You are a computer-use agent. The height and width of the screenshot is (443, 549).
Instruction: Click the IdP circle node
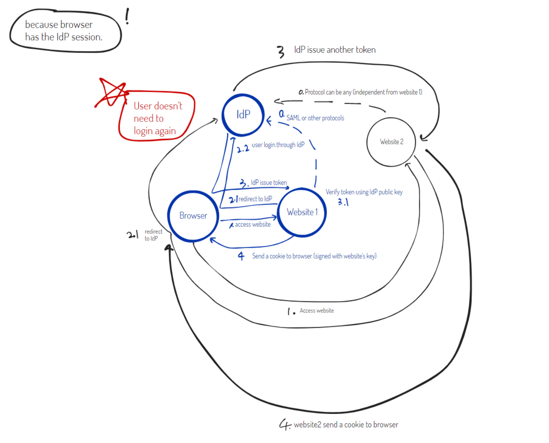[x=243, y=115]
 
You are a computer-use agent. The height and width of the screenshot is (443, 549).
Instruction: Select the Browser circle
[x=193, y=216]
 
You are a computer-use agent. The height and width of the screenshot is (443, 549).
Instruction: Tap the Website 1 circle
[x=302, y=212]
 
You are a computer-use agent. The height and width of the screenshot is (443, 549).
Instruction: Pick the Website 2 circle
[x=391, y=142]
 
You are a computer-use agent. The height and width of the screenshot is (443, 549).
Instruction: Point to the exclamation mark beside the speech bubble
[x=127, y=16]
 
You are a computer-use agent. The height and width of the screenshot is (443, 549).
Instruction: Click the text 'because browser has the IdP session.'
[x=64, y=31]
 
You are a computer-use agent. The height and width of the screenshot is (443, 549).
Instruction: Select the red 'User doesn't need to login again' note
[x=158, y=118]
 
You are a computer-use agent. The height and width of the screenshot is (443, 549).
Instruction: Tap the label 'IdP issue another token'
[x=335, y=50]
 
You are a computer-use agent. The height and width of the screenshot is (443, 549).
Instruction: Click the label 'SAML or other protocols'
[x=315, y=118]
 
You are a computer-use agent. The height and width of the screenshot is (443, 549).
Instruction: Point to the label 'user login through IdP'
[x=278, y=145]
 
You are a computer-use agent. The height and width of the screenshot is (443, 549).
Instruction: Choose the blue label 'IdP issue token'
[x=269, y=182]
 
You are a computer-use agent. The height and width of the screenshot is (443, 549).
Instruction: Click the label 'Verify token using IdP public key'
[x=364, y=192]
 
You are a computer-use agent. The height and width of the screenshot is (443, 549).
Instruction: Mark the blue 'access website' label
[x=253, y=225]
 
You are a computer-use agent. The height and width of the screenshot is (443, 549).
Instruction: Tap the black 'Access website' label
[x=317, y=311]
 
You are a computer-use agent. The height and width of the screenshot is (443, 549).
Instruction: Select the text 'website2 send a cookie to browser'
[x=346, y=425]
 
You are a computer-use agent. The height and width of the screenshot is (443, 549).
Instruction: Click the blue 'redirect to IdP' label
[x=255, y=199]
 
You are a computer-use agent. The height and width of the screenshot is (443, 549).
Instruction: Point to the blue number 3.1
[x=343, y=202]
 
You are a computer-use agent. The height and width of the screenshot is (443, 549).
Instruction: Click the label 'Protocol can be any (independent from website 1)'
[x=363, y=92]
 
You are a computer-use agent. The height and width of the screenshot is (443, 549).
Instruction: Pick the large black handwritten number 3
[x=281, y=52]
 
